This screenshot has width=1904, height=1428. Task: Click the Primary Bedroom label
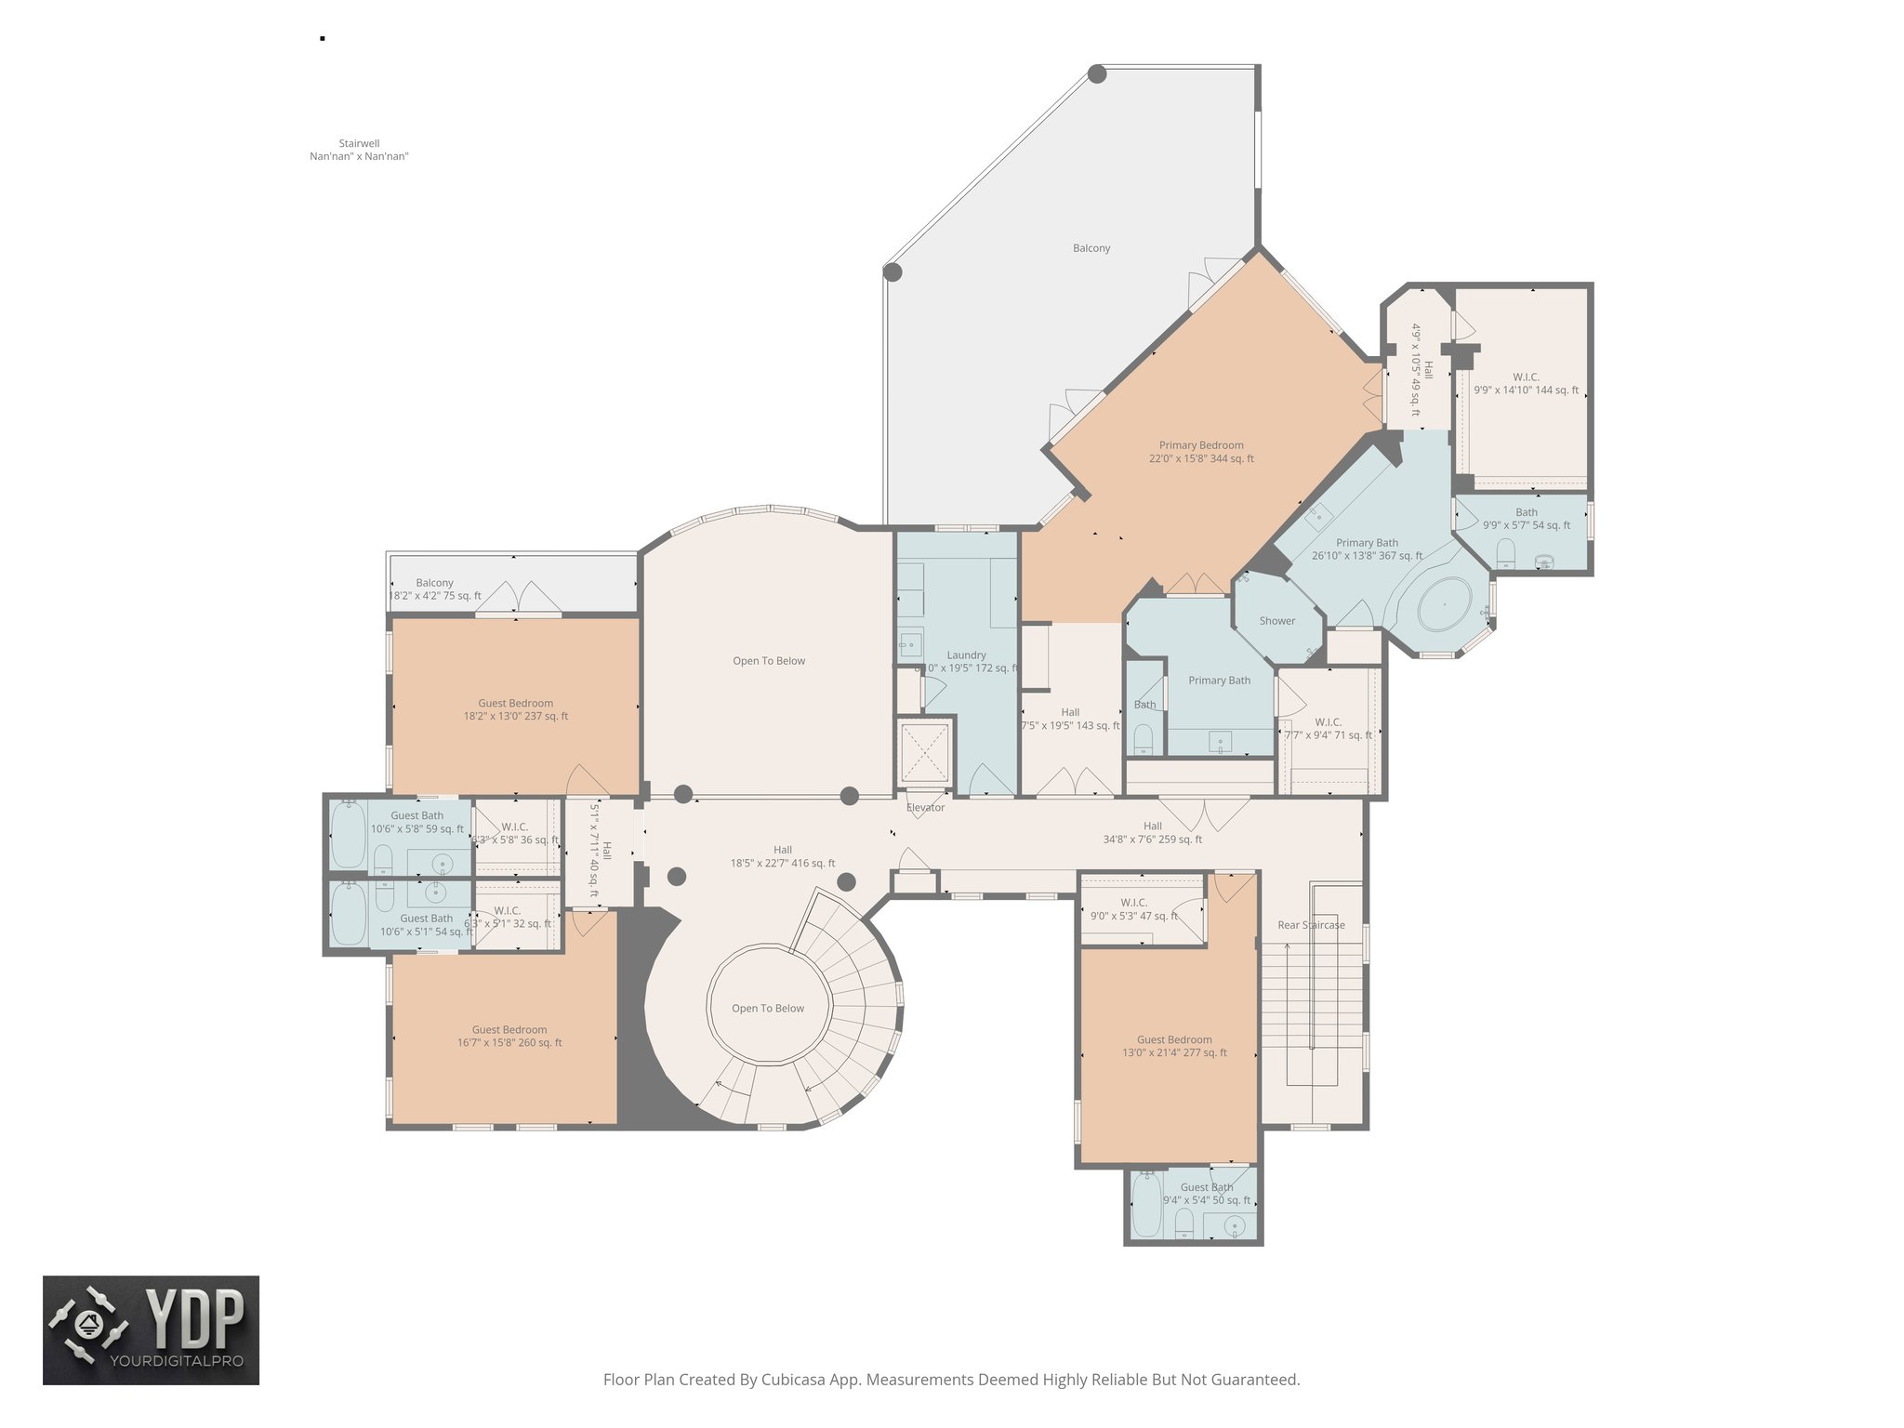pyautogui.click(x=1201, y=452)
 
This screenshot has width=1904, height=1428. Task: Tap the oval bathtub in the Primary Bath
pyautogui.click(x=1444, y=605)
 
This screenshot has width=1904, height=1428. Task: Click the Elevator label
pyautogui.click(x=925, y=807)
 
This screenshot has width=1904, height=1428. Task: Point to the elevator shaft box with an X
pyautogui.click(x=925, y=752)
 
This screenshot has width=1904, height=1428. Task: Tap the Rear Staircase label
pyautogui.click(x=1310, y=925)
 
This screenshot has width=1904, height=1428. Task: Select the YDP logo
pyautogui.click(x=152, y=1330)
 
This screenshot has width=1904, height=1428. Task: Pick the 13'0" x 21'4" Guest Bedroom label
pyautogui.click(x=1174, y=1046)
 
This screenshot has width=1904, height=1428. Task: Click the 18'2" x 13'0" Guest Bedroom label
pyautogui.click(x=515, y=709)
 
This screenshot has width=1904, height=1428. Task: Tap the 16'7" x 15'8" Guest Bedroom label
pyautogui.click(x=509, y=1036)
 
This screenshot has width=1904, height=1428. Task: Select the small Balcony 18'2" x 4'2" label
pyautogui.click(x=435, y=589)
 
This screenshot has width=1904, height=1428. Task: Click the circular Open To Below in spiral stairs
pyautogui.click(x=768, y=1008)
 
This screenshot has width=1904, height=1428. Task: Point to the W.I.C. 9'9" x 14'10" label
pyautogui.click(x=1526, y=384)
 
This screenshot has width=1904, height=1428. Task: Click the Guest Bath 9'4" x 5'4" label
pyautogui.click(x=1207, y=1194)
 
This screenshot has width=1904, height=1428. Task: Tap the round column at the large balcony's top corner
pyautogui.click(x=1097, y=73)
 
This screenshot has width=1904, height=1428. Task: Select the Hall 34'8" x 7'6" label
pyautogui.click(x=1152, y=832)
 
